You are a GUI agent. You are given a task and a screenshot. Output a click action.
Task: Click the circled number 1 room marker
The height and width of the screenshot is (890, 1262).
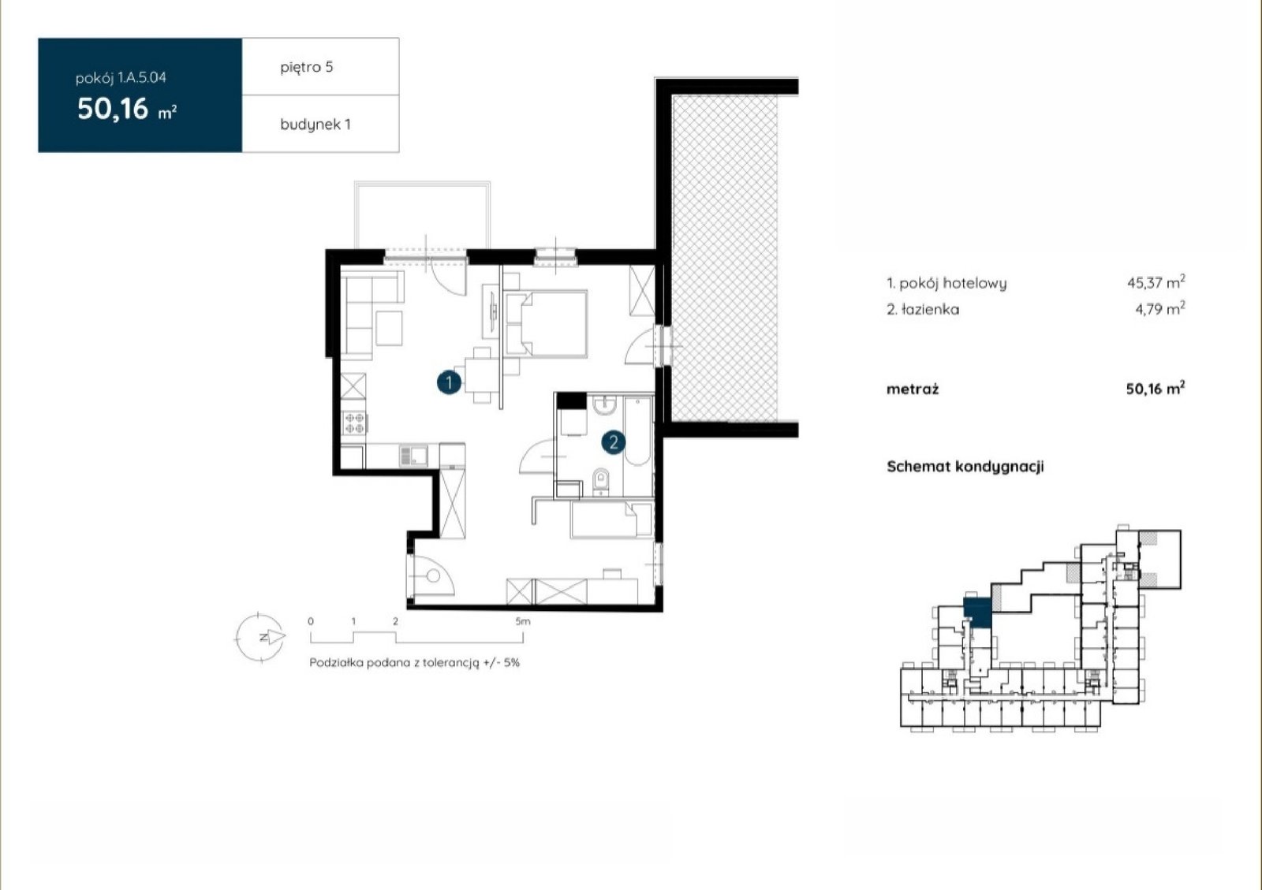449,383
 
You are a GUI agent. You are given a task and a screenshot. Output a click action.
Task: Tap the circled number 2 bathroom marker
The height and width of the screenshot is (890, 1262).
614,442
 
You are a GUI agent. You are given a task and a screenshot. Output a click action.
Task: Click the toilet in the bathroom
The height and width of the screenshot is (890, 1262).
601,482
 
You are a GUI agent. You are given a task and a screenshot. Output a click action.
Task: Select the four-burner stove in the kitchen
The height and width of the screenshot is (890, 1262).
354,423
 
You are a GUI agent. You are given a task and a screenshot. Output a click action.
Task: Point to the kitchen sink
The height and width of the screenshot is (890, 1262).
413,456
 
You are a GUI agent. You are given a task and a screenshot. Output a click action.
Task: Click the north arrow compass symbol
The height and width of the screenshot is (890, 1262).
260,637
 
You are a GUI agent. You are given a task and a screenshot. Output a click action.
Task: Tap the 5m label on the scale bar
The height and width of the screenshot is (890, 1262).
523,621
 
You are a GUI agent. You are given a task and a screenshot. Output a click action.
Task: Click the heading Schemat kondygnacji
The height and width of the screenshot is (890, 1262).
965,467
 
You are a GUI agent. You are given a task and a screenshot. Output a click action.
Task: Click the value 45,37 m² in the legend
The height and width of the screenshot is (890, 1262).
1156,282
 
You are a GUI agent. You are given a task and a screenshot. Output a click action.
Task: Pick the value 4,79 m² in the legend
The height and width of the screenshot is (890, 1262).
1160,308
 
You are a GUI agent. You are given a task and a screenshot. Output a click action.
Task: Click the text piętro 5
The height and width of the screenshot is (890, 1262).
307,68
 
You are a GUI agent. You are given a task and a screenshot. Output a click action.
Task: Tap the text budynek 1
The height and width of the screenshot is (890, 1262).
315,125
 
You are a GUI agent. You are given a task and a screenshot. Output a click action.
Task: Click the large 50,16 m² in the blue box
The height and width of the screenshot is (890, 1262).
127,109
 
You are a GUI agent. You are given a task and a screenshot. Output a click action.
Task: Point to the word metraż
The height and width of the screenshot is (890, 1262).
913,389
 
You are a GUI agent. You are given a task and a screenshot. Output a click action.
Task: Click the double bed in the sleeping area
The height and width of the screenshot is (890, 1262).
545,324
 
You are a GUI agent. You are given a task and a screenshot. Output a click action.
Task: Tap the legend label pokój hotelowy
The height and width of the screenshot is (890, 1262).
953,283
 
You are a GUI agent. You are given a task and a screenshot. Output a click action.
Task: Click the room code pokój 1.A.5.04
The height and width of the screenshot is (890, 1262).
121,78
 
